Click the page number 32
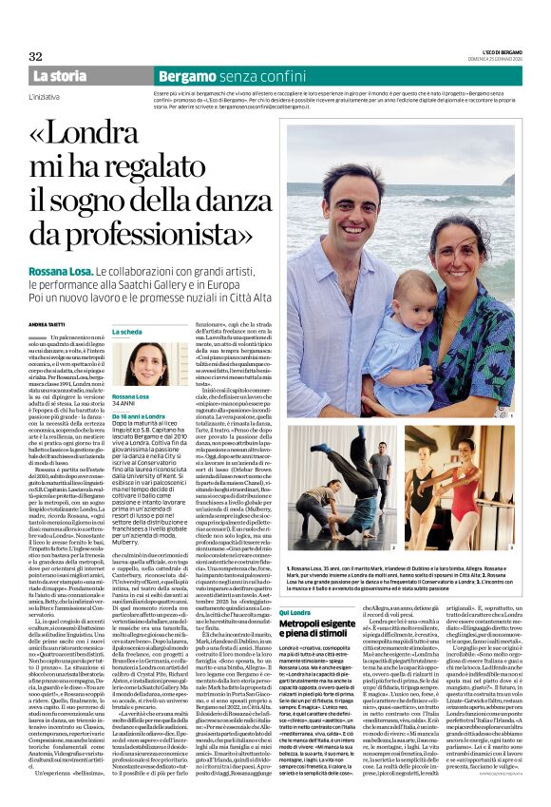point(35,57)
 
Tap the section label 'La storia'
point(59,76)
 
